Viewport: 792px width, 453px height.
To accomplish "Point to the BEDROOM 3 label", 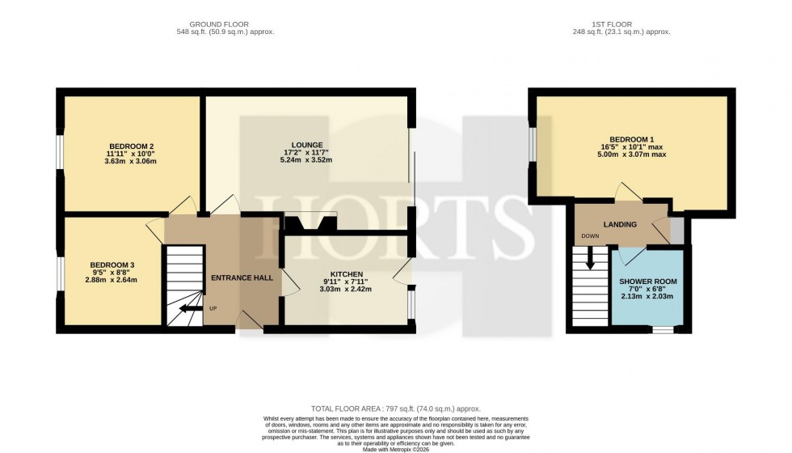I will click(112, 265).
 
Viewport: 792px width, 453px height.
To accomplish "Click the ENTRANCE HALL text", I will click(242, 277).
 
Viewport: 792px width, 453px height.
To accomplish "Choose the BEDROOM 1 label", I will click(631, 139).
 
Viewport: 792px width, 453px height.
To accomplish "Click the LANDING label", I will click(620, 225).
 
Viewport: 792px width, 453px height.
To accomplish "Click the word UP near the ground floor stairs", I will click(213, 308).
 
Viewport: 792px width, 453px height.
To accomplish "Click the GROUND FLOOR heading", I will click(225, 24).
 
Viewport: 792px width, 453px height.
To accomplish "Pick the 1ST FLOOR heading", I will click(631, 24).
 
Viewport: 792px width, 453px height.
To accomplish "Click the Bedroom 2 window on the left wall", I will click(60, 152).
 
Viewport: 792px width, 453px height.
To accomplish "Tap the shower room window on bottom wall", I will click(663, 329).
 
